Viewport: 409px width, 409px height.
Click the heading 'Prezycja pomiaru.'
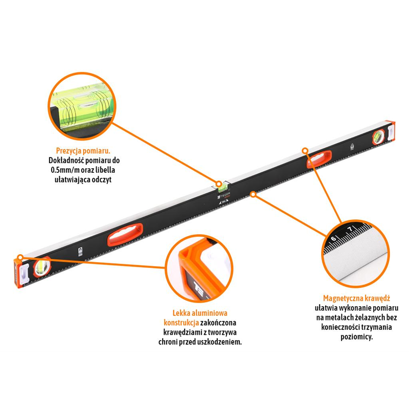(x=83, y=151)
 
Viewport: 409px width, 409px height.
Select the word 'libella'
(x=106, y=170)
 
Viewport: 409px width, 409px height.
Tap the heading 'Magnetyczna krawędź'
(x=356, y=298)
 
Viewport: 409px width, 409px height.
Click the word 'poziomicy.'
(x=356, y=337)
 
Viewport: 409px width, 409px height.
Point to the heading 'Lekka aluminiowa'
(x=200, y=313)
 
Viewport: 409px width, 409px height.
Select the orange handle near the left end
(x=125, y=235)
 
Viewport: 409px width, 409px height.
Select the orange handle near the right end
(x=319, y=159)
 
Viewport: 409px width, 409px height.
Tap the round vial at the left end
(x=42, y=267)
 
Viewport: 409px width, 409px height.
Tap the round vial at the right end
(x=378, y=137)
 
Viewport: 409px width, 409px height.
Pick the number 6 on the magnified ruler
(x=334, y=239)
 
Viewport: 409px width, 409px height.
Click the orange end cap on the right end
(x=391, y=131)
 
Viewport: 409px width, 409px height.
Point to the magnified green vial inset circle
(x=82, y=106)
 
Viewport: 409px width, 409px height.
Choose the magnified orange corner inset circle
(x=199, y=268)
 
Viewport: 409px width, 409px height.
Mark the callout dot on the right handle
(x=305, y=150)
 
